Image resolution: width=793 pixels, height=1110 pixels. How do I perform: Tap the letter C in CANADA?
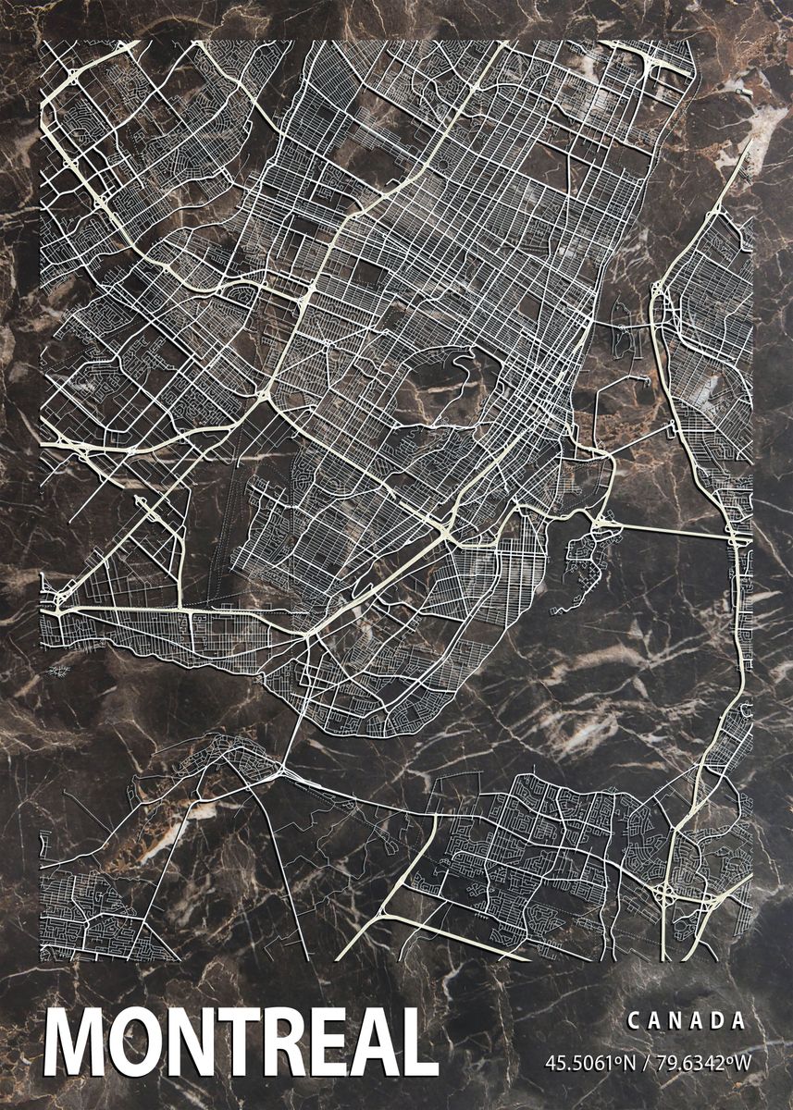pos(633,1021)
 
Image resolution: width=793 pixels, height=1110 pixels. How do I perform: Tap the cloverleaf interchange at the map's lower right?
pos(667,894)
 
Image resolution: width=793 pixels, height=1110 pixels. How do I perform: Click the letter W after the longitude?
pos(743,1061)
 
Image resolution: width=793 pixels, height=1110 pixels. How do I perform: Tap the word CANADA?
pos(686,1021)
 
